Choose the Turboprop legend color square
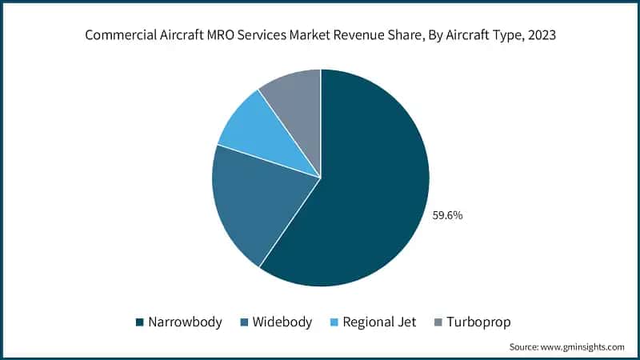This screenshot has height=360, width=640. tap(437, 322)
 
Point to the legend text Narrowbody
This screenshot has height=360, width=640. tap(186, 322)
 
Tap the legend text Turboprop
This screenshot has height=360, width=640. tap(478, 322)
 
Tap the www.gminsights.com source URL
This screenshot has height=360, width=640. tap(586, 346)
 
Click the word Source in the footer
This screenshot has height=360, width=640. tap(526, 346)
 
